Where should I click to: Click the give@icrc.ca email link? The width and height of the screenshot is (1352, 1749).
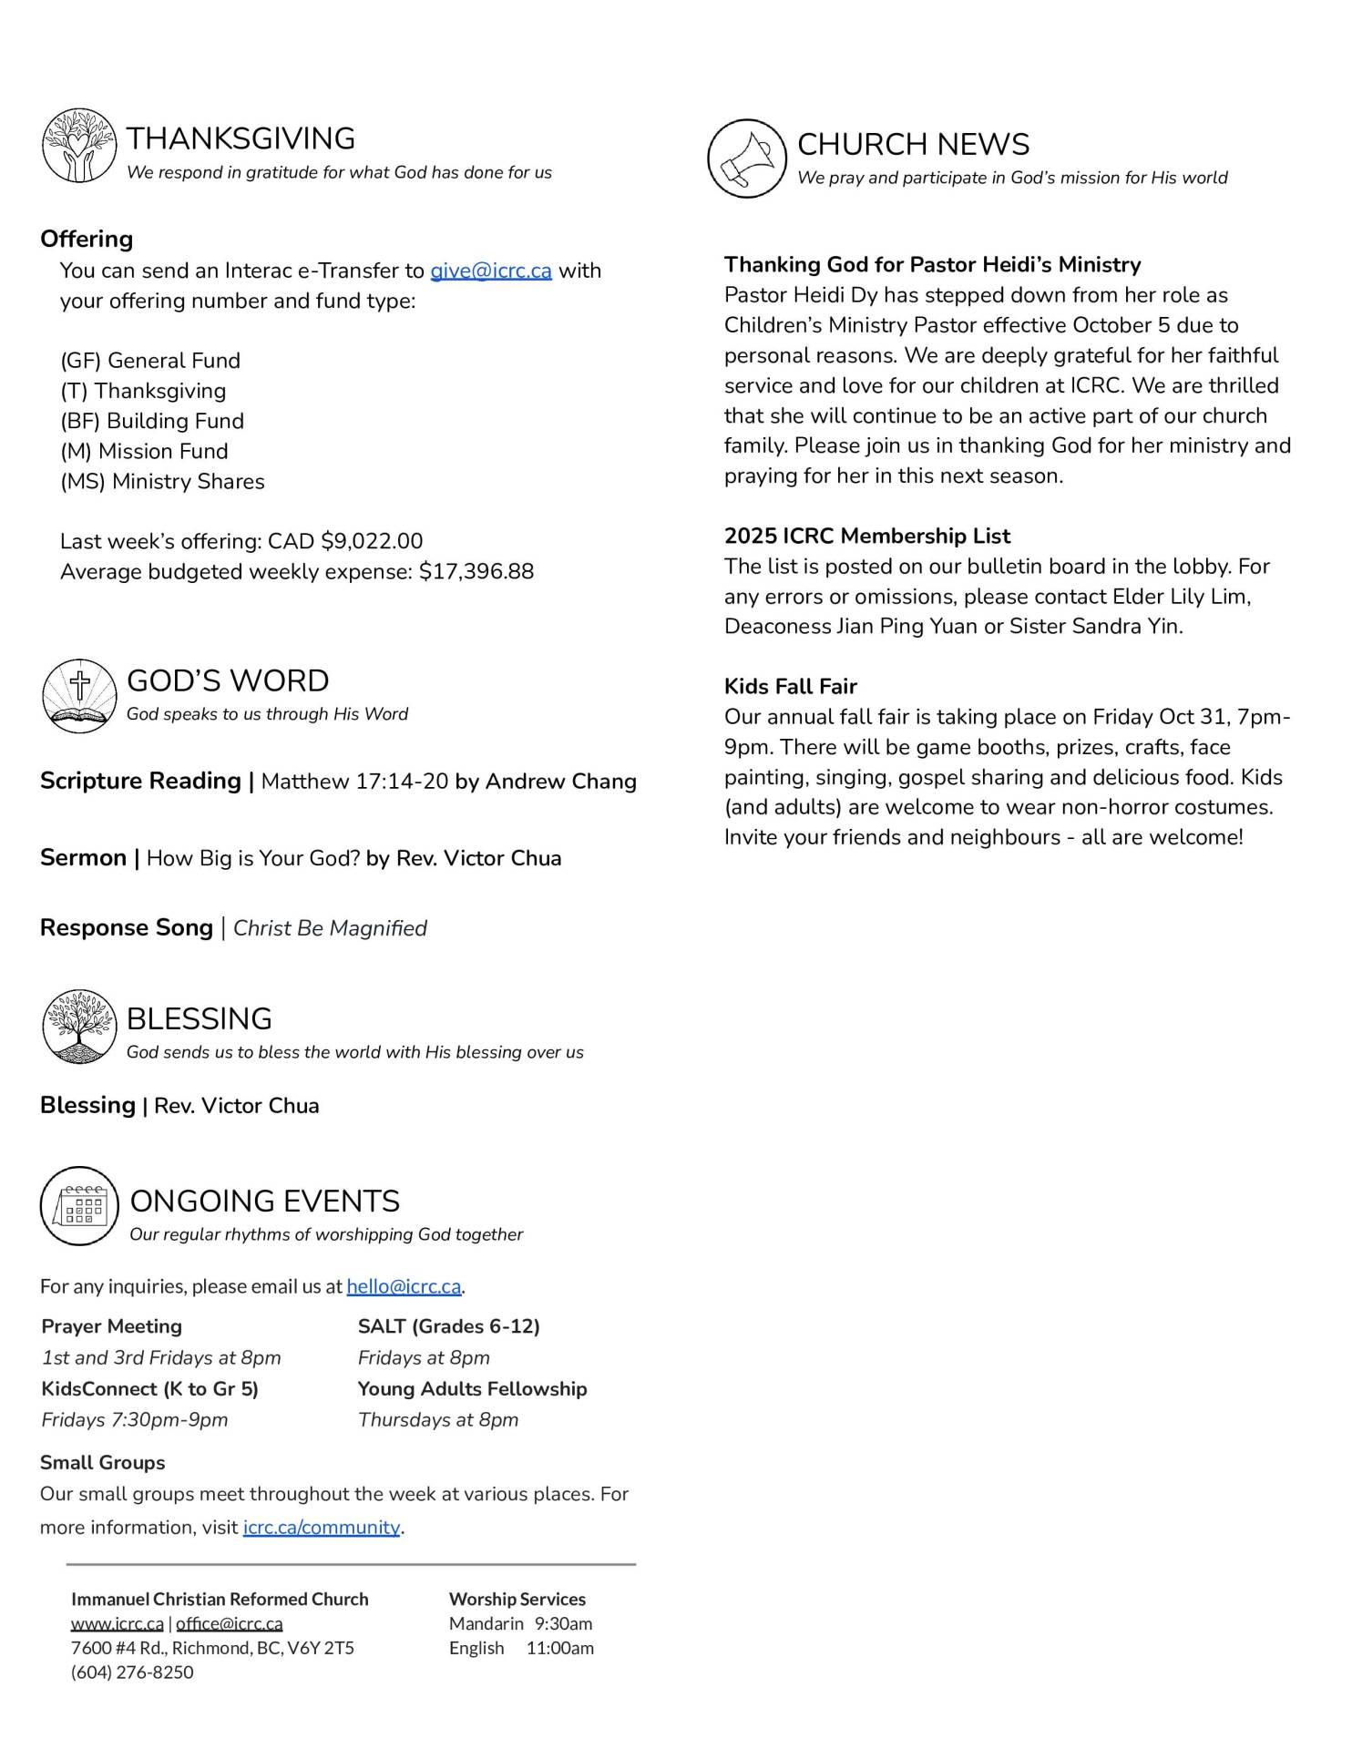pyautogui.click(x=490, y=271)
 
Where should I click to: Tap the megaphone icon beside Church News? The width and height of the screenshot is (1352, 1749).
pyautogui.click(x=746, y=159)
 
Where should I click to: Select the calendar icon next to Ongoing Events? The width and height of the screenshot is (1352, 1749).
pyautogui.click(x=79, y=1206)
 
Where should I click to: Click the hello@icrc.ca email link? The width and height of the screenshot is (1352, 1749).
pyautogui.click(x=404, y=1286)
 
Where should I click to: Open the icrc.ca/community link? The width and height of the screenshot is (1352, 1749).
pyautogui.click(x=322, y=1527)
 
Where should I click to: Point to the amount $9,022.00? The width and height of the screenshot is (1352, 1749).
pyautogui.click(x=372, y=541)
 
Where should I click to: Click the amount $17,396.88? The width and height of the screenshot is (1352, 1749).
pyautogui.click(x=476, y=571)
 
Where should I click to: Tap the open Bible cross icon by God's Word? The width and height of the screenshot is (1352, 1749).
pyautogui.click(x=79, y=696)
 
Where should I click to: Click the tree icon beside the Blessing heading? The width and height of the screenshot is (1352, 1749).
pyautogui.click(x=79, y=1027)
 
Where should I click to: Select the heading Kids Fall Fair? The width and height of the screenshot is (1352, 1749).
pyautogui.click(x=790, y=686)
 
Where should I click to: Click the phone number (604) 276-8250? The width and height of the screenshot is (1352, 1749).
pyautogui.click(x=132, y=1672)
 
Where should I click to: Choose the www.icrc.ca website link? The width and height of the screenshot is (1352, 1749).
pyautogui.click(x=118, y=1623)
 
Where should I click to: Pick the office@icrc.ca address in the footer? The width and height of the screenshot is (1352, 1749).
pyautogui.click(x=230, y=1623)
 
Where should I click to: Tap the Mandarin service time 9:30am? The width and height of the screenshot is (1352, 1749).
pyautogui.click(x=563, y=1623)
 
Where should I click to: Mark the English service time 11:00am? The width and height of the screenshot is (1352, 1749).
pyautogui.click(x=559, y=1648)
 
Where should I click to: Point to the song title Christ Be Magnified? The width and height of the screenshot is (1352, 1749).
pyautogui.click(x=330, y=928)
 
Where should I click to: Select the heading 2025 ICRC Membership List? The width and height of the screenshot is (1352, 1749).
pyautogui.click(x=866, y=536)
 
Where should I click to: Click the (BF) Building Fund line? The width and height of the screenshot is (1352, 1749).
pyautogui.click(x=152, y=421)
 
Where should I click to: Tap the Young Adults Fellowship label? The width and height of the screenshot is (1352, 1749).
pyautogui.click(x=472, y=1388)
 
